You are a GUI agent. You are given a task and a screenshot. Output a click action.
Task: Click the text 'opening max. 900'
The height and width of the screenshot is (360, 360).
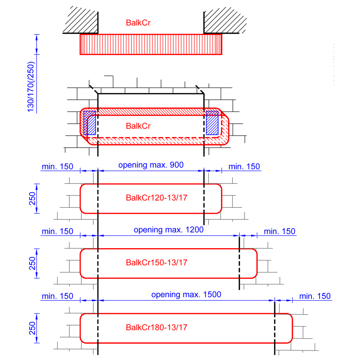click(151, 165)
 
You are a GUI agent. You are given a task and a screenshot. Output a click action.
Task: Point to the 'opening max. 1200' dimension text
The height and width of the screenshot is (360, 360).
click(169, 230)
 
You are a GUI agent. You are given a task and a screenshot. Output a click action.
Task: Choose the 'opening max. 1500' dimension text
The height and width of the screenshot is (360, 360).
click(186, 295)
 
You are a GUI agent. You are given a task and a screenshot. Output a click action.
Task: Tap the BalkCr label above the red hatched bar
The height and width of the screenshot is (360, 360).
click(139, 23)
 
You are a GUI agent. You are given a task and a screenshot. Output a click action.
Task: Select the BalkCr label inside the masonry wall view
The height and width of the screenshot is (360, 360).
click(139, 126)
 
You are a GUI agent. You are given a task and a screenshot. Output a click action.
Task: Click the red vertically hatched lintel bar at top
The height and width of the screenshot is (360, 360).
click(151, 44)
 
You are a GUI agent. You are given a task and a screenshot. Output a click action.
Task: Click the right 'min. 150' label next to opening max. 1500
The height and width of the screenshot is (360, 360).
click(315, 296)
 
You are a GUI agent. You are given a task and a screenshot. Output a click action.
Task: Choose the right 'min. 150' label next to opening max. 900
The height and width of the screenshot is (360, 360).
click(244, 167)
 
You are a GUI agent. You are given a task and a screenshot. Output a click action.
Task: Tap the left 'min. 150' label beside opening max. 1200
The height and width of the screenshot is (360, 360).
click(57, 231)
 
